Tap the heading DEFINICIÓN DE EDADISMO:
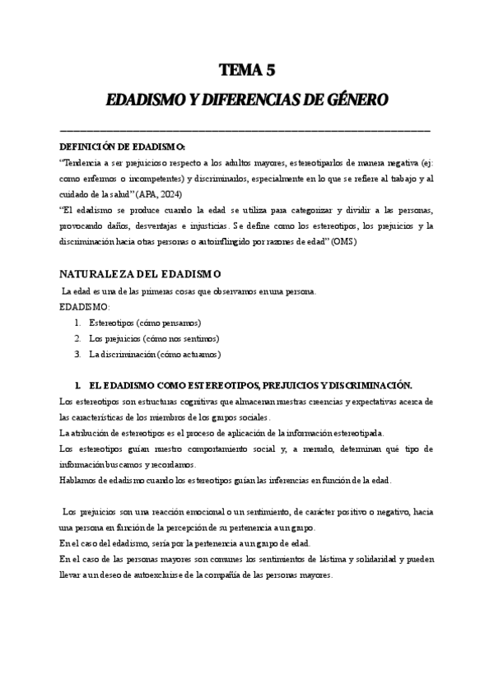point(123,146)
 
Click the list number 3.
point(77,354)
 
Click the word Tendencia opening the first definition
point(87,162)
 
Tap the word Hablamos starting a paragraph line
point(80,480)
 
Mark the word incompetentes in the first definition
point(149,178)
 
